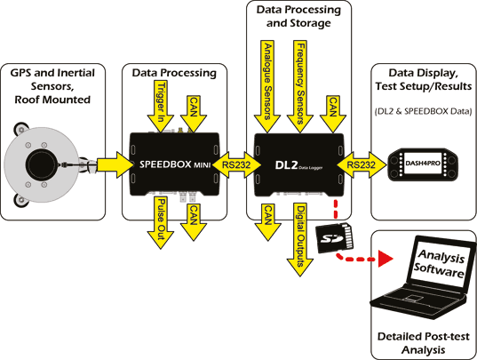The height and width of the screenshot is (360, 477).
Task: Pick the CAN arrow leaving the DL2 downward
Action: pyautogui.click(x=266, y=217)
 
